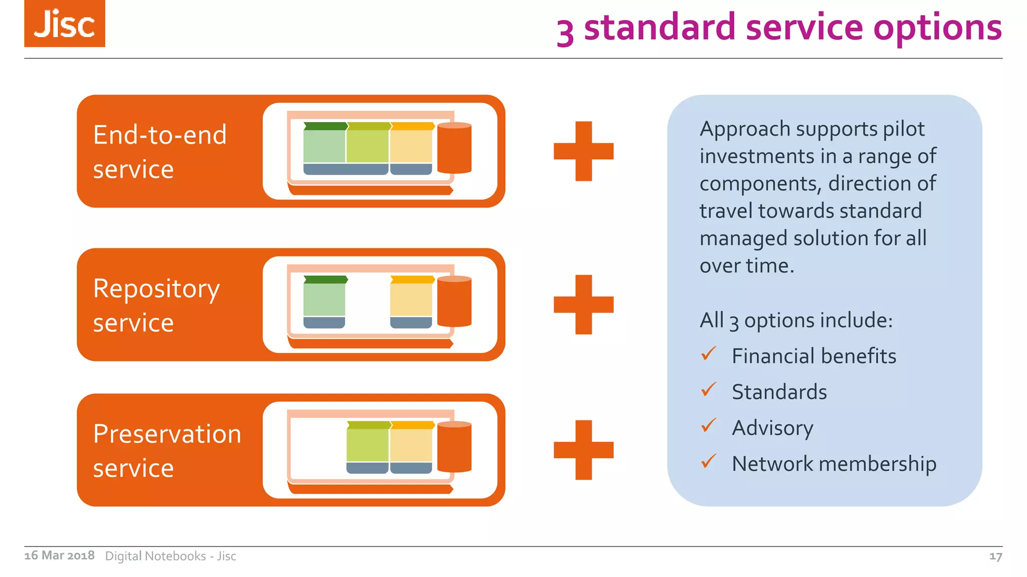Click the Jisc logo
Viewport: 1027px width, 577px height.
(x=65, y=24)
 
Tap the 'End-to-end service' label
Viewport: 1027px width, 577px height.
(x=159, y=151)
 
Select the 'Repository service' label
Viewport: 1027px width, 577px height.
(x=156, y=305)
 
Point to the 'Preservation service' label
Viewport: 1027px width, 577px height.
(x=167, y=450)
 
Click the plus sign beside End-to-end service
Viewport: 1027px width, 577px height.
(x=583, y=151)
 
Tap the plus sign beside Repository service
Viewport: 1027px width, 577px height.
(x=583, y=305)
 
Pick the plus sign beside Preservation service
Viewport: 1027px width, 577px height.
(x=583, y=450)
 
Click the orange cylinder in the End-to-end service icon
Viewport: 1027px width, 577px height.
(x=454, y=148)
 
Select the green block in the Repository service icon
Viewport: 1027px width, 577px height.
(x=324, y=300)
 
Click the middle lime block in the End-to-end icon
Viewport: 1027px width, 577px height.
(x=368, y=145)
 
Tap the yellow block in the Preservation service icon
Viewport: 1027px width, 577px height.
(x=411, y=445)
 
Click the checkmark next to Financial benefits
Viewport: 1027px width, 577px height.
(x=709, y=354)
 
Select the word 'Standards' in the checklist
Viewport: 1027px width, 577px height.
(x=779, y=392)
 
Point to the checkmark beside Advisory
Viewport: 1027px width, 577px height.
(x=709, y=426)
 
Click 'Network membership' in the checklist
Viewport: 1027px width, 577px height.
(x=833, y=464)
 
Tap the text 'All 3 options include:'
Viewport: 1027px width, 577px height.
(x=796, y=320)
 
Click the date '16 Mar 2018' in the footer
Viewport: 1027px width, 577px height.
(x=59, y=555)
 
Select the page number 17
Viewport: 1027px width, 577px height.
(x=995, y=556)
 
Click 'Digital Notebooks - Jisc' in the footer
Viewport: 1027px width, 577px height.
(x=170, y=556)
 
